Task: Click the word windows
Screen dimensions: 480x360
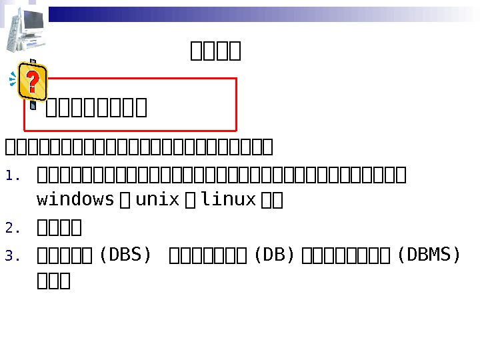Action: tap(75, 199)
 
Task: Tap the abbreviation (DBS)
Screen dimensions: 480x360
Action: tap(125, 255)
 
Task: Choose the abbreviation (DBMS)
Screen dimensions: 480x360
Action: tap(428, 255)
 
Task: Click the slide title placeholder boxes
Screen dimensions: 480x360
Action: tap(215, 51)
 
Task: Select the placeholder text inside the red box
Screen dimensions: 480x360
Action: tap(96, 107)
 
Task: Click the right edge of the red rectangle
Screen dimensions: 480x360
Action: tap(237, 104)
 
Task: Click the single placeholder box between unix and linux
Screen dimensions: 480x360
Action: tap(191, 200)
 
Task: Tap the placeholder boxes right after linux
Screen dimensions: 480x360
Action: tap(273, 200)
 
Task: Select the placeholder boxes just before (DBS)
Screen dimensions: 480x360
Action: tap(67, 256)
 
